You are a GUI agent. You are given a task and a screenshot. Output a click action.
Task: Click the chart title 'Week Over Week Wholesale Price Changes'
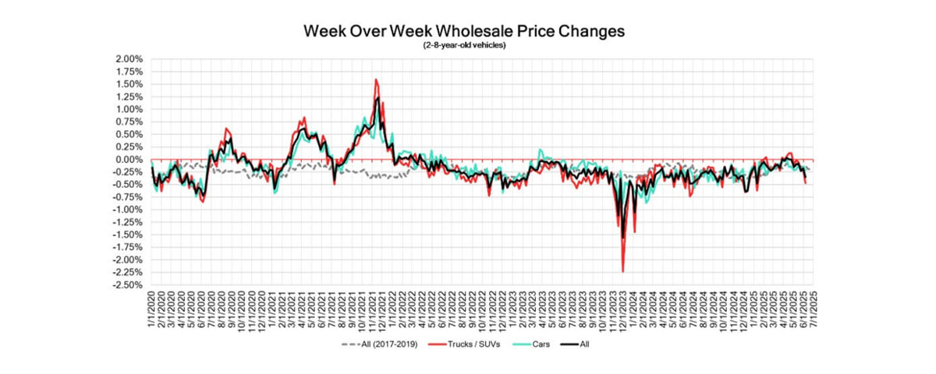point(464,33)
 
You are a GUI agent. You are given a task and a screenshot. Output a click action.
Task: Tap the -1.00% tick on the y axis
point(129,210)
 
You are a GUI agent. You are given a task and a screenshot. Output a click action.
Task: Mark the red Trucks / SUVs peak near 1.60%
point(376,79)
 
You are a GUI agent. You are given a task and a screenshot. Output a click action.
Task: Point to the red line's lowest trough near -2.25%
point(622,271)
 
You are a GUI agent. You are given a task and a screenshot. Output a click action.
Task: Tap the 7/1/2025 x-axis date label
point(811,309)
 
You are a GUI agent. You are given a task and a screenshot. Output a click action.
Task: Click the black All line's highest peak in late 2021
point(378,97)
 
